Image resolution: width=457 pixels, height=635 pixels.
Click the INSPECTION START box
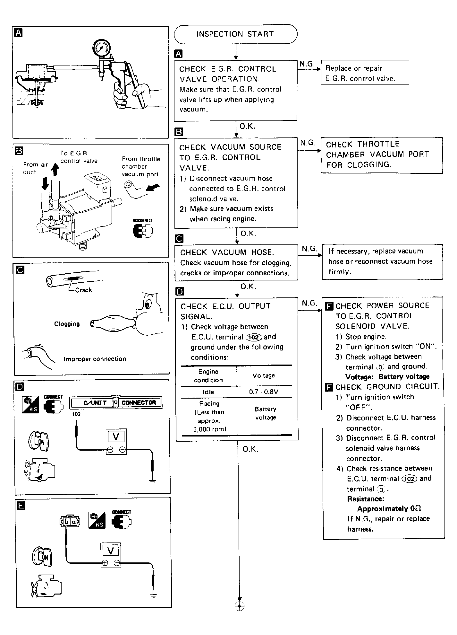(235, 34)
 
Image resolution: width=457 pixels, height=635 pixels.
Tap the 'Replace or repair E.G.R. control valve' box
(365, 73)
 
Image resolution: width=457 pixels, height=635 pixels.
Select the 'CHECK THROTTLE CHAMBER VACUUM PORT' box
(381, 155)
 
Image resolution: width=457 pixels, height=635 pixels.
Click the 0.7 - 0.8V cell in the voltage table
(264, 392)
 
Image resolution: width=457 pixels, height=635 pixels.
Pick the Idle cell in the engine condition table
(208, 392)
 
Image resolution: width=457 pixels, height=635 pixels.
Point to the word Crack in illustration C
(83, 290)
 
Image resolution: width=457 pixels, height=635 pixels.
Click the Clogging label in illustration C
(67, 324)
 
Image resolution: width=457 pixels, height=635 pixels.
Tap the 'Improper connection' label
(95, 359)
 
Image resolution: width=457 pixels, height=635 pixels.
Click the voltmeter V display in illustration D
(116, 437)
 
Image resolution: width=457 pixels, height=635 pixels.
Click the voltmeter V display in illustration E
(111, 551)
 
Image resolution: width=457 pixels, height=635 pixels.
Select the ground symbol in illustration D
(153, 481)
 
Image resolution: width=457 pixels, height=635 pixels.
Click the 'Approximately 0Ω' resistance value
(389, 509)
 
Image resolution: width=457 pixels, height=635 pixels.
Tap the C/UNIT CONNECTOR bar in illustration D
(116, 402)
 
